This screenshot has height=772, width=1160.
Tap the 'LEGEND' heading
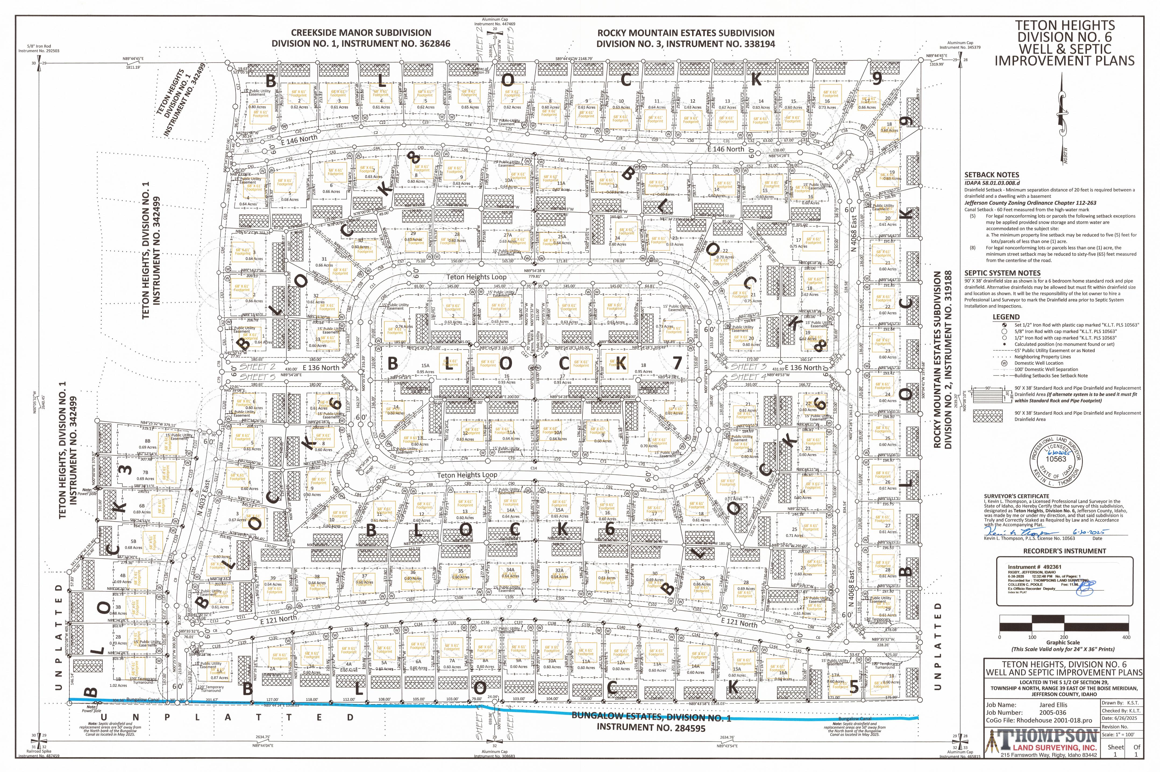click(1006, 317)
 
